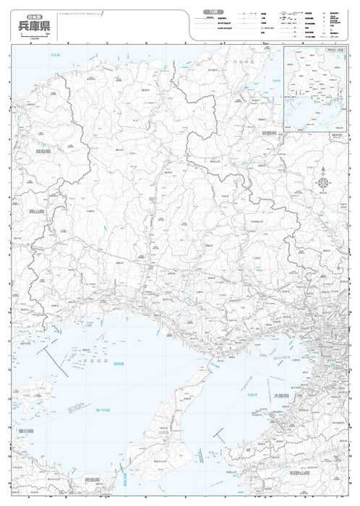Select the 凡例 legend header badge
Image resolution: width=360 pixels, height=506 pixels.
(x=210, y=12)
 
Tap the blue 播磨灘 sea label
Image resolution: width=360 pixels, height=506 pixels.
(x=118, y=364)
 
